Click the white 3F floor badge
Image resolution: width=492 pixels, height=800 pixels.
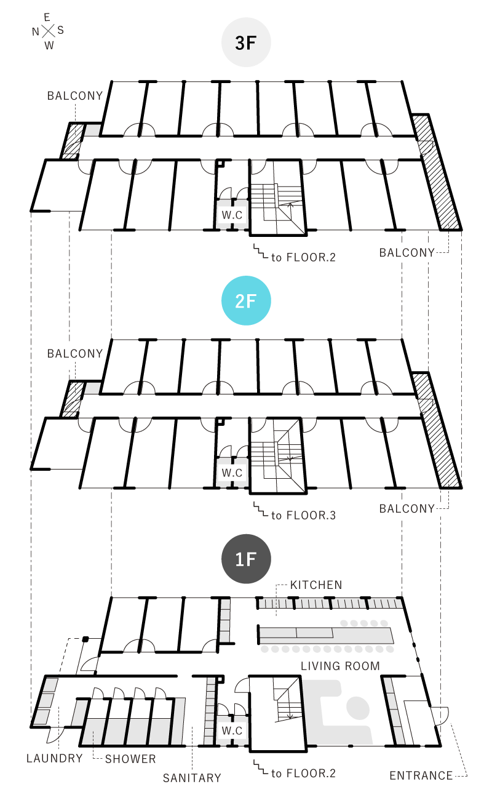(246, 42)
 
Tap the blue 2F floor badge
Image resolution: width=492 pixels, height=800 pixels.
(246, 301)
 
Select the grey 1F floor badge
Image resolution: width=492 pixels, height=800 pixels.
(246, 559)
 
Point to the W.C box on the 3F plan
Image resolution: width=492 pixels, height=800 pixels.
(232, 215)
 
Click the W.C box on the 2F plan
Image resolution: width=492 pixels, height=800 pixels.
(232, 473)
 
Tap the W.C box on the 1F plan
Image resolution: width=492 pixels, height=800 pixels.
(232, 730)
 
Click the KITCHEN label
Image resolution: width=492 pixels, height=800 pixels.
(316, 585)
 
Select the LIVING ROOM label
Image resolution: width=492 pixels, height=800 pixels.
(340, 666)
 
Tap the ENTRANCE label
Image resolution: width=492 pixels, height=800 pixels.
(421, 776)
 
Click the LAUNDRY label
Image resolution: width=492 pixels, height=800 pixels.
(55, 758)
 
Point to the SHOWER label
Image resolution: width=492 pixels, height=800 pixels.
(130, 759)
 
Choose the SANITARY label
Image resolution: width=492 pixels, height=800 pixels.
(192, 778)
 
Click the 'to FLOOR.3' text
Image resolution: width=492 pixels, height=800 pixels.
(303, 515)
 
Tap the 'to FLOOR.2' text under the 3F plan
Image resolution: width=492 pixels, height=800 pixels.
(303, 257)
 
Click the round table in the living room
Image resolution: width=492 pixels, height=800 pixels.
(358, 707)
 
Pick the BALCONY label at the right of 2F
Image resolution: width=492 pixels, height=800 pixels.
(407, 509)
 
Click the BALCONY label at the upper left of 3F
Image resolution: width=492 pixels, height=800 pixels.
(75, 96)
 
